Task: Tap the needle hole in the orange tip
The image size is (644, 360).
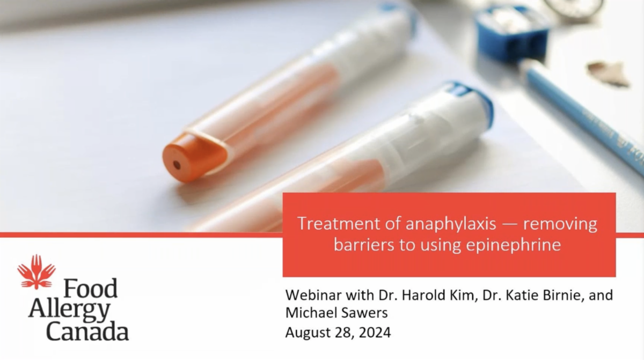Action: point(177,165)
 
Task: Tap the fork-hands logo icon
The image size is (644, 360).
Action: point(36,271)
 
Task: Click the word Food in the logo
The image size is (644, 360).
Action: point(90,288)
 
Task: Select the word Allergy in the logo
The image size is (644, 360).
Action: point(69,311)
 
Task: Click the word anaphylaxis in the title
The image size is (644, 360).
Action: point(451,224)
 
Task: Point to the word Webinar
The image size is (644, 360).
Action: point(313,295)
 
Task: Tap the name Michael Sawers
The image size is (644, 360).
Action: point(336,313)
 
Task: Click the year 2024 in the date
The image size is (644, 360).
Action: point(375,333)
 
